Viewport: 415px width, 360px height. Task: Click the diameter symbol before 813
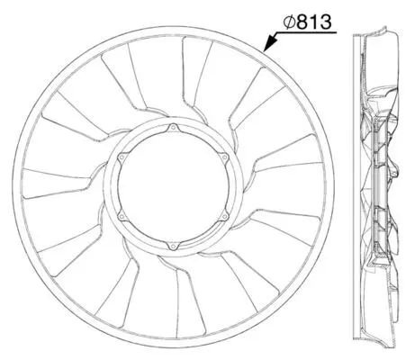coord(289,22)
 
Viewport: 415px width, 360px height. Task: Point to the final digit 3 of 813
coord(325,22)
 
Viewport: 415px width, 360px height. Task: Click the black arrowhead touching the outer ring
coord(269,43)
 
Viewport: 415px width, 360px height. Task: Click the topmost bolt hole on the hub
coord(173,128)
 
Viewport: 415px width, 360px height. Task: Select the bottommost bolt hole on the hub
coord(172,247)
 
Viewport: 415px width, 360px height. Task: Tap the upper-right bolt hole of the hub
coord(224,157)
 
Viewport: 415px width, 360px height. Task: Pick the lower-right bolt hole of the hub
coord(224,217)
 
